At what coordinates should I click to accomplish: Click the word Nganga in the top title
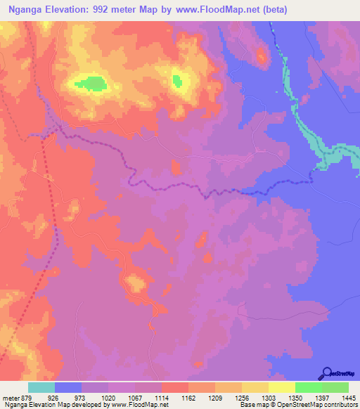28,8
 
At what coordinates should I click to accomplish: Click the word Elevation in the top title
75,8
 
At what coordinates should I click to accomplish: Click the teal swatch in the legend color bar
41,387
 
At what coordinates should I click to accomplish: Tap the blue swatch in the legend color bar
68,387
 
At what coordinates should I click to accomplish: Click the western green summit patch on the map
91,84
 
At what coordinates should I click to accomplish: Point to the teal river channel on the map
307,130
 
